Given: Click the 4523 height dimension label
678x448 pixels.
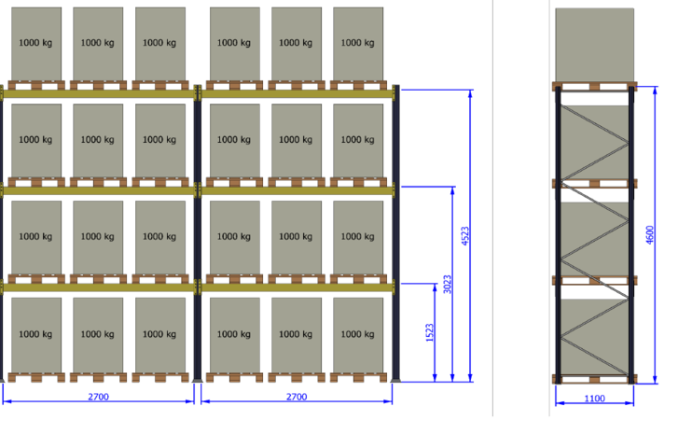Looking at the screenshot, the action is [x=465, y=236].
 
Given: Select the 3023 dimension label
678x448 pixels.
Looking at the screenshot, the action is [x=448, y=284].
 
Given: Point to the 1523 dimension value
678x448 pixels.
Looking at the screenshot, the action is [x=429, y=332].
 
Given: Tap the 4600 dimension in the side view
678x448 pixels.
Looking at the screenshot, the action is [x=650, y=235].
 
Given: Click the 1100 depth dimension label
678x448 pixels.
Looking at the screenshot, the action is [x=595, y=399].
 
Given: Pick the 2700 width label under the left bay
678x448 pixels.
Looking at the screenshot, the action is [x=98, y=397].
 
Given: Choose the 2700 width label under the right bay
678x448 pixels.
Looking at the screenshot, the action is [x=297, y=397].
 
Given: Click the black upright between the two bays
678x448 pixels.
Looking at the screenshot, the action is [x=198, y=233].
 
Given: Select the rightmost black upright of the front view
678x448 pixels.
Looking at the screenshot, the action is [x=395, y=233].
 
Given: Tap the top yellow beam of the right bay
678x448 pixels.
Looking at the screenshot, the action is [x=297, y=93].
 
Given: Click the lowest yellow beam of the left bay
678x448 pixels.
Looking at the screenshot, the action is [x=98, y=287].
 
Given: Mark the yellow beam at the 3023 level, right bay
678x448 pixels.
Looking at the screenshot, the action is [x=297, y=190].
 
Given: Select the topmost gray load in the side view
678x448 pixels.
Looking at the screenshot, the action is [x=595, y=45].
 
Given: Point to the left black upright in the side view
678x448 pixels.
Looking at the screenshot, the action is [x=559, y=235].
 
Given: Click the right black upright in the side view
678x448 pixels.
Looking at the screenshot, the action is [x=631, y=235].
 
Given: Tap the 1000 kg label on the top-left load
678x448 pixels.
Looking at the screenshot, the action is [x=35, y=42].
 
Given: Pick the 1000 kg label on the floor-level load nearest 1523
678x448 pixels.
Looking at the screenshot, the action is [x=357, y=334].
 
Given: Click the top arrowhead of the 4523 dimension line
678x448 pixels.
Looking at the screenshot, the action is [x=470, y=94].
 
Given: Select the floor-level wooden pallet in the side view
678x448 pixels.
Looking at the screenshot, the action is [x=595, y=379].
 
